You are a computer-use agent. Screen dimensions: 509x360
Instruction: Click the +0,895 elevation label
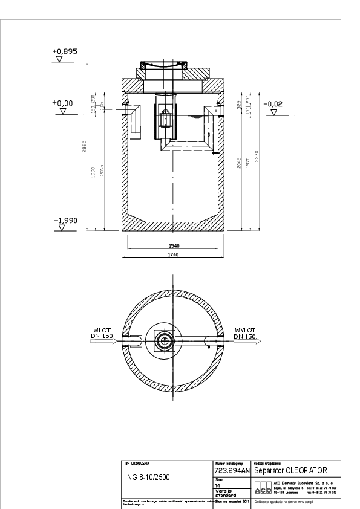pyautogui.click(x=65, y=53)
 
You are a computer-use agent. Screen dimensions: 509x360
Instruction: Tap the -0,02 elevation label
pyautogui.click(x=273, y=103)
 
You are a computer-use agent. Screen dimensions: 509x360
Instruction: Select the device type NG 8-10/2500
pyautogui.click(x=148, y=477)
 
